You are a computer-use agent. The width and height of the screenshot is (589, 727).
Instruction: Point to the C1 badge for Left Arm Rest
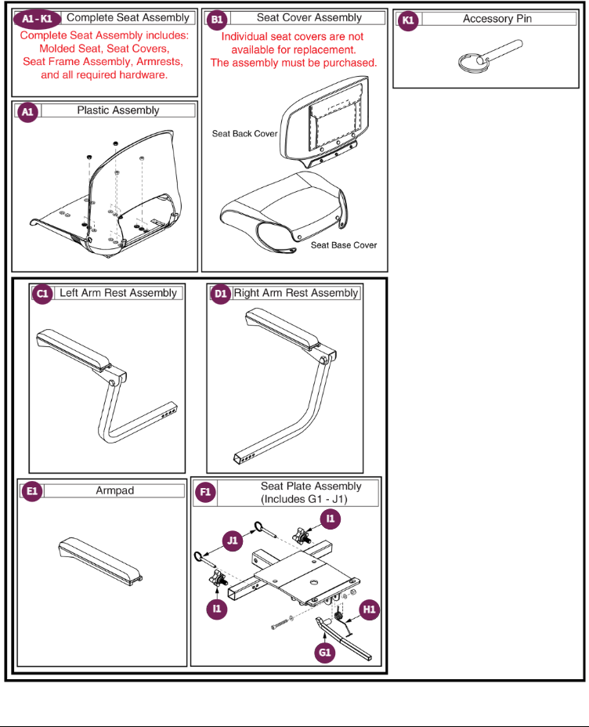tap(42, 294)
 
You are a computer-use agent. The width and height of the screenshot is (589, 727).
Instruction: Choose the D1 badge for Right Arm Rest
tap(220, 294)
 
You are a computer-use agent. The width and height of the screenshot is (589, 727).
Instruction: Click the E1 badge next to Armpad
tap(32, 491)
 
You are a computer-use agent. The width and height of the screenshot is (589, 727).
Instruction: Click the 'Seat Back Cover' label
tap(244, 134)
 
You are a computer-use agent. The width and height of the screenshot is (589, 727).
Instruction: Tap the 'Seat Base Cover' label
tap(344, 245)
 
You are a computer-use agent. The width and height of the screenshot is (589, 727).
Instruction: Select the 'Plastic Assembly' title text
tap(117, 111)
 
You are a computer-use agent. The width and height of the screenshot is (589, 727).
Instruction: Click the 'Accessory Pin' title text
tap(497, 19)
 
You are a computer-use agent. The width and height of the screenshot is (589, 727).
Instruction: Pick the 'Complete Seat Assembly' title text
tap(128, 17)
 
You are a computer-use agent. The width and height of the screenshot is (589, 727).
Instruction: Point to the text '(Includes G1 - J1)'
tap(305, 498)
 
